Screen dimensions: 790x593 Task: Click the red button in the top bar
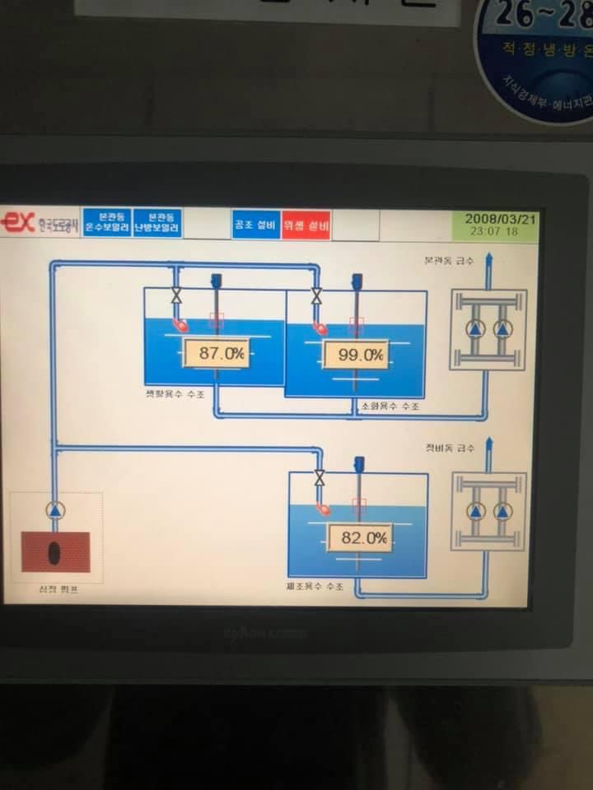pyautogui.click(x=306, y=224)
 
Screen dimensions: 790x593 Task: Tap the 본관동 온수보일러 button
pyautogui.click(x=107, y=222)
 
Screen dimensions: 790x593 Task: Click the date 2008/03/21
pyautogui.click(x=499, y=219)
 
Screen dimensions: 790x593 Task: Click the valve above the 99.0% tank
pyautogui.click(x=316, y=295)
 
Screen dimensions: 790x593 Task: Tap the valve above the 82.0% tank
pyautogui.click(x=320, y=477)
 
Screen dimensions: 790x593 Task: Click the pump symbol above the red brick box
pyautogui.click(x=54, y=509)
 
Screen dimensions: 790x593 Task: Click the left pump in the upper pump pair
pyautogui.click(x=475, y=329)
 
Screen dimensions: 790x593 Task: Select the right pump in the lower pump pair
pyautogui.click(x=502, y=511)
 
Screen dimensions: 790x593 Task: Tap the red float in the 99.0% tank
pyautogui.click(x=320, y=329)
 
